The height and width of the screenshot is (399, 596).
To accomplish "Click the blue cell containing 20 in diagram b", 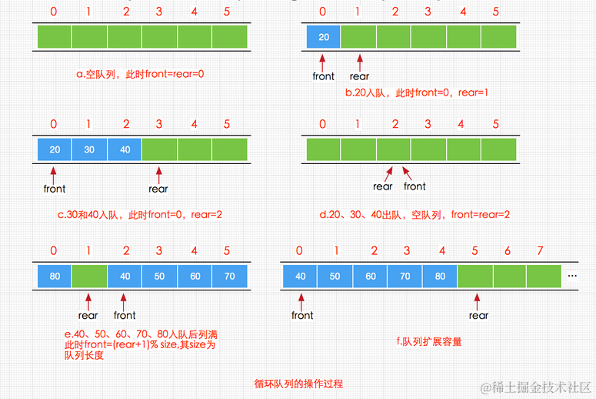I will [323, 37].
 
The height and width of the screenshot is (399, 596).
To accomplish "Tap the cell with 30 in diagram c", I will [89, 149].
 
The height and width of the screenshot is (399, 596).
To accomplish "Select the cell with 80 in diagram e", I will [54, 275].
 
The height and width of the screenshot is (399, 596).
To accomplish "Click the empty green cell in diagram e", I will [89, 275].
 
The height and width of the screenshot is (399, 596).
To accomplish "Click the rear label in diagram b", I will [359, 76].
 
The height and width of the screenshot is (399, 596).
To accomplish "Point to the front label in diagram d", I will [415, 186].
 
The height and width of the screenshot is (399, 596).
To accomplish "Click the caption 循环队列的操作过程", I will [299, 383].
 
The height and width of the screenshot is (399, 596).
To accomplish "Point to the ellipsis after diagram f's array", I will [573, 276].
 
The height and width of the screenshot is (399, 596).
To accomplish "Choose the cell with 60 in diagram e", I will [194, 275].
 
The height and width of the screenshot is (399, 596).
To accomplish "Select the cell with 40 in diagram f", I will [301, 275].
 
